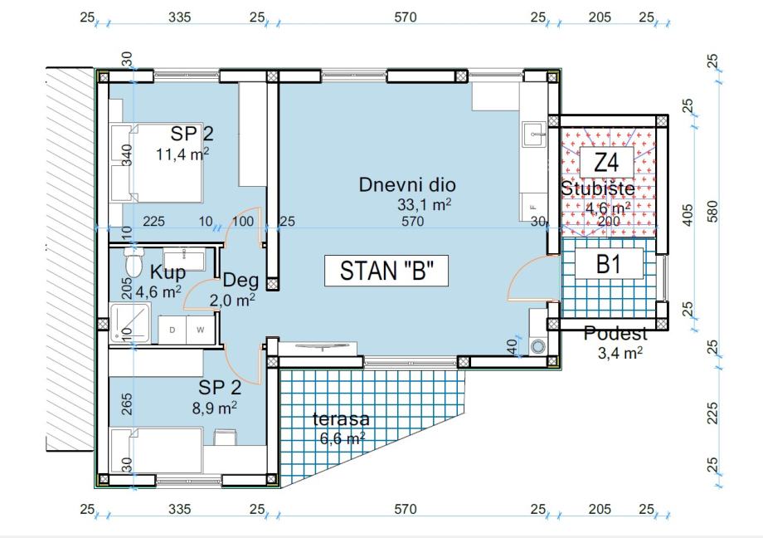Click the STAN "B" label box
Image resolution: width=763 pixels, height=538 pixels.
click(386, 271)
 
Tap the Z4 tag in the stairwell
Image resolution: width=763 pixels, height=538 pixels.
click(606, 162)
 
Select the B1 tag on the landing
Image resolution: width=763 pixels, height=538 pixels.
click(609, 264)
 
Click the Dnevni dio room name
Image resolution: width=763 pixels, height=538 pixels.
click(407, 184)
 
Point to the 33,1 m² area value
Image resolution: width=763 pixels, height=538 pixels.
click(425, 204)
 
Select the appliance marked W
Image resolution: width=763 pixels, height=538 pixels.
click(201, 330)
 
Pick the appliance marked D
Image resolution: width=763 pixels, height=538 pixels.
click(173, 330)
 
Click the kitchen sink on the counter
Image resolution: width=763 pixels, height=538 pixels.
click(535, 134)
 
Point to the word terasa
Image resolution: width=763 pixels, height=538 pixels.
click(341, 418)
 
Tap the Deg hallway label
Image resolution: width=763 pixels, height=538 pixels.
click(241, 281)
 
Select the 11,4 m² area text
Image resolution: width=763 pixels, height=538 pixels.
click(182, 154)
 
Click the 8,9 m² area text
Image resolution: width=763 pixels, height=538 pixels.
click(215, 408)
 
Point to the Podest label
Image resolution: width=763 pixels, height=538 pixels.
click(615, 333)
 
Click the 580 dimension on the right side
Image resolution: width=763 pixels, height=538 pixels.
click(712, 211)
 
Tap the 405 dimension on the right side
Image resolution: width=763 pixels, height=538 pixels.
click(687, 214)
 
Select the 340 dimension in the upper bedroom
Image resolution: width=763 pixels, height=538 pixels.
click(126, 155)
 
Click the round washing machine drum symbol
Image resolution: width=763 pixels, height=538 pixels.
click(537, 346)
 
